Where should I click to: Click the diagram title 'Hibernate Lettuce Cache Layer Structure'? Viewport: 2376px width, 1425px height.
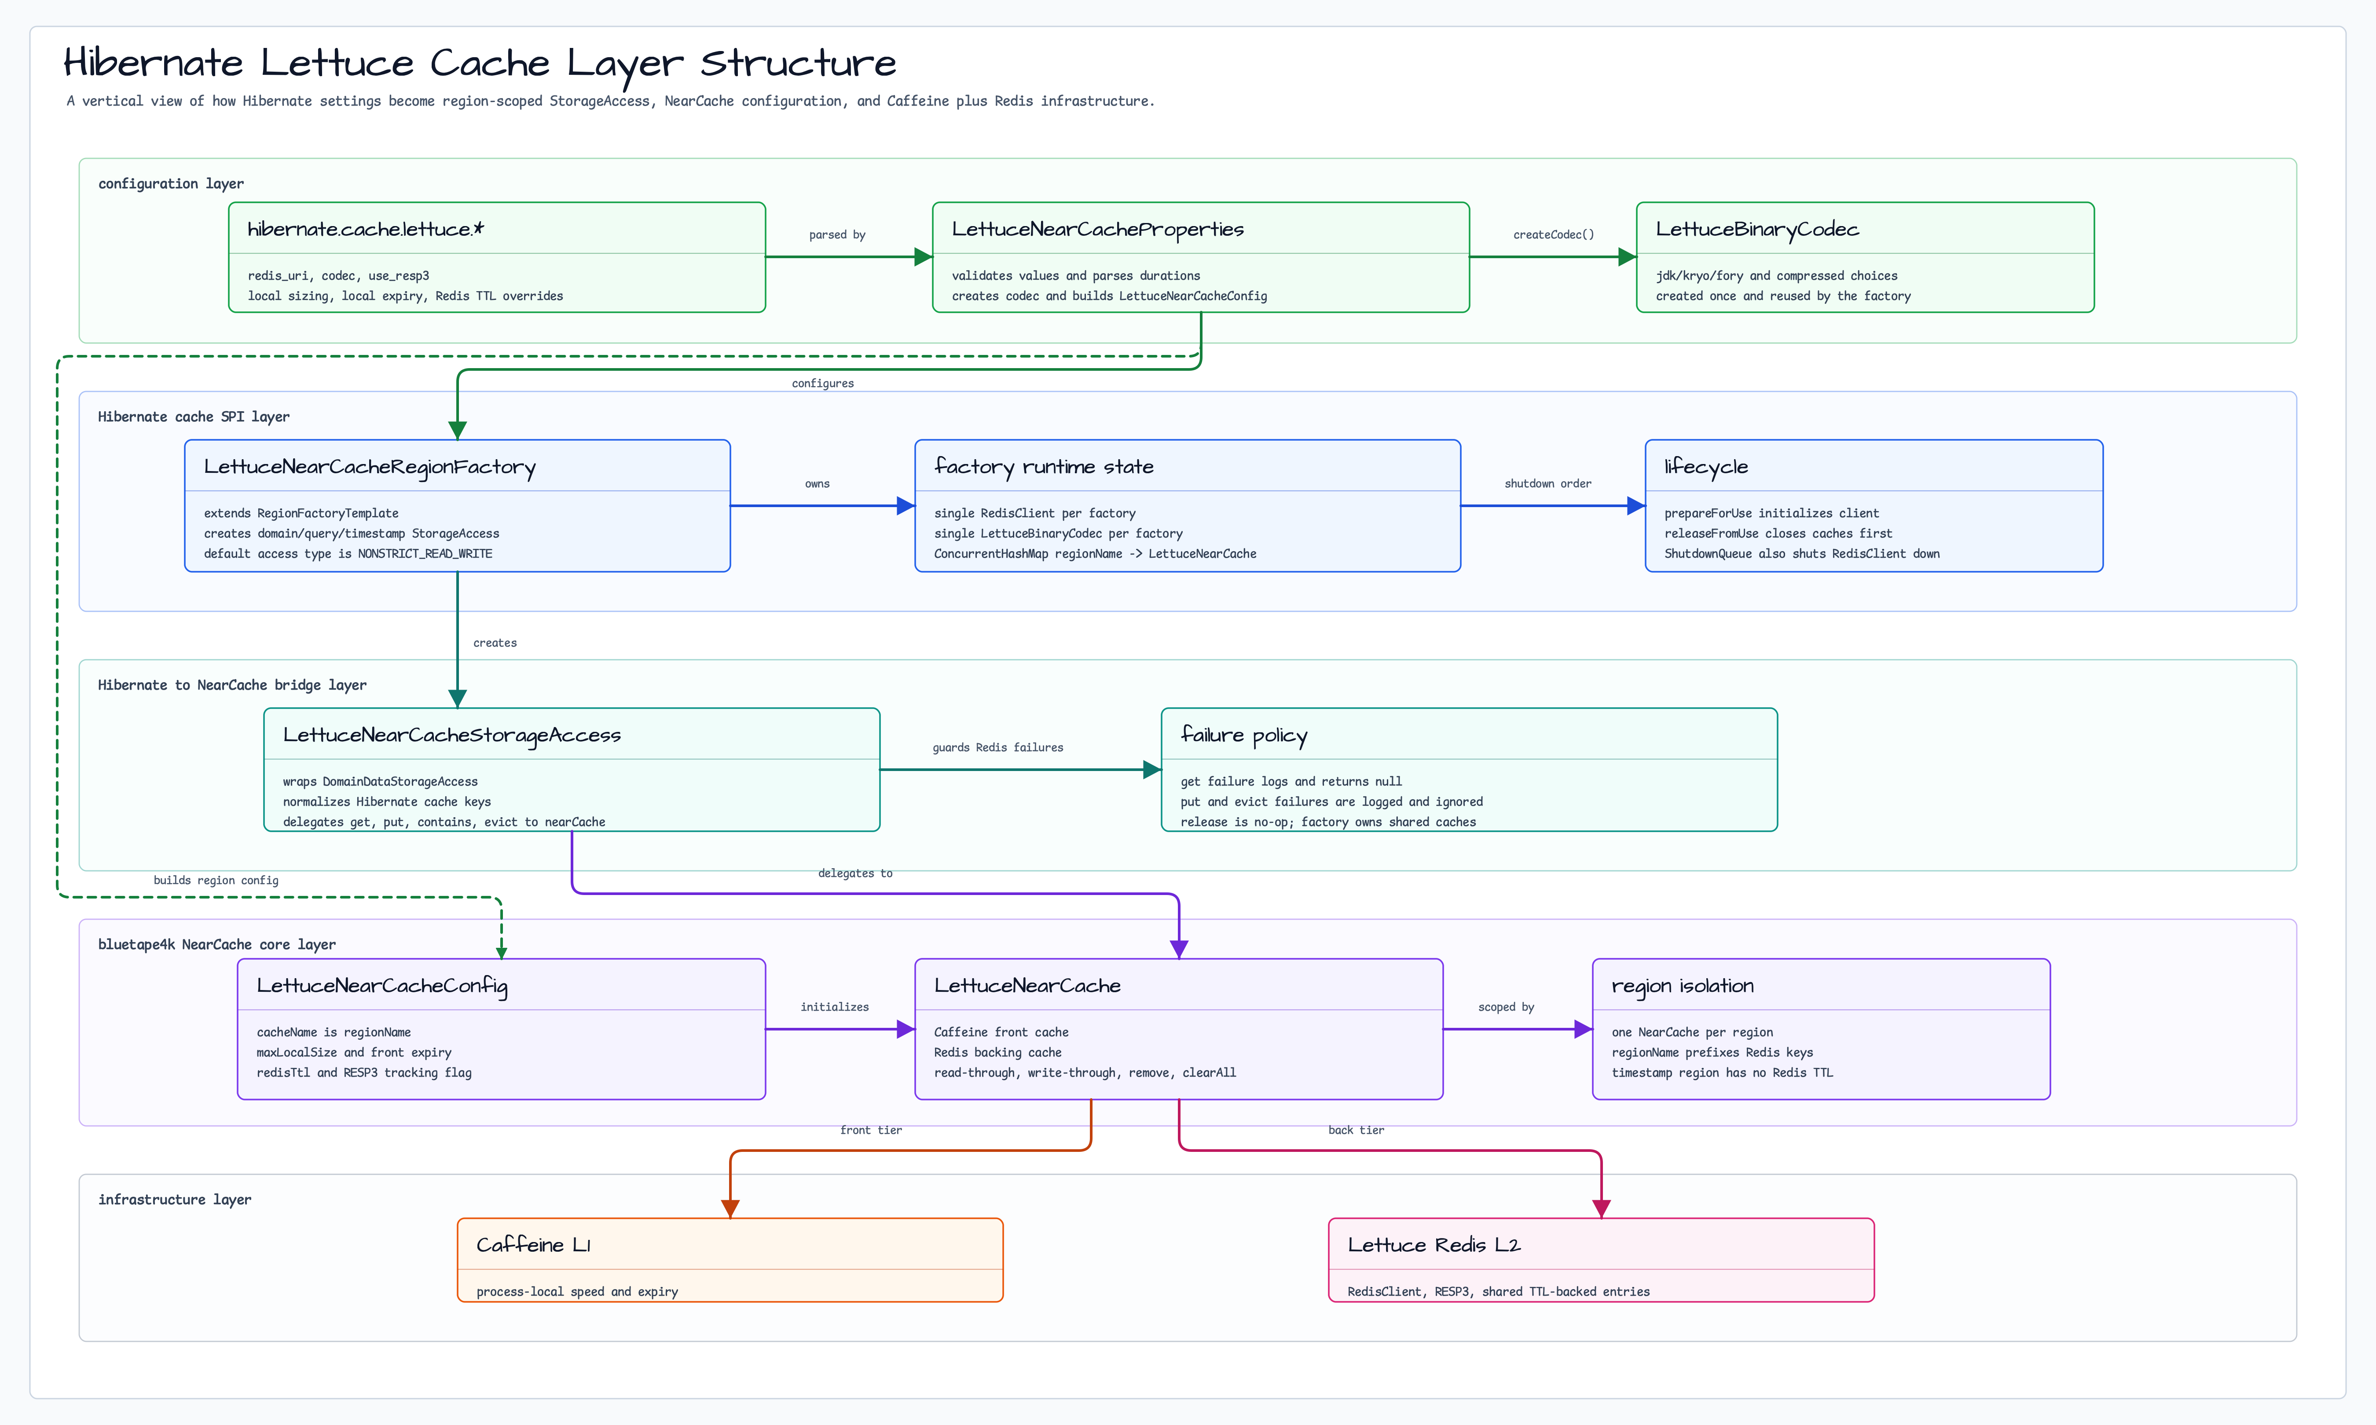click(479, 63)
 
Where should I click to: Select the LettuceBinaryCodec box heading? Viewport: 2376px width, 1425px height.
click(1756, 230)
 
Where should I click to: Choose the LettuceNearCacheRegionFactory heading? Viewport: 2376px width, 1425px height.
click(370, 468)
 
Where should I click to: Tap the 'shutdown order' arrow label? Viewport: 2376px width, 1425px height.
click(1547, 484)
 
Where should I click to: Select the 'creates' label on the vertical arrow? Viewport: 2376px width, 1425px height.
click(495, 643)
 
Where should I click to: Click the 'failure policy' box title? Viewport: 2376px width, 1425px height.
click(1244, 735)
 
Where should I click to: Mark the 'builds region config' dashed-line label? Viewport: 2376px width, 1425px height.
click(216, 881)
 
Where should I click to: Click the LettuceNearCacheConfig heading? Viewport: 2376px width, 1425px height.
click(382, 986)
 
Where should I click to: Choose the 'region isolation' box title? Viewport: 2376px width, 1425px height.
click(1683, 986)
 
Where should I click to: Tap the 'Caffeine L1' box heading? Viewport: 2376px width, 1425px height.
click(533, 1246)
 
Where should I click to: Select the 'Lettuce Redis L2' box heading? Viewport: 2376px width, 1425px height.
click(1434, 1246)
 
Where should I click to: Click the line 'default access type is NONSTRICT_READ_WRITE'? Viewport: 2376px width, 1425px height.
click(348, 554)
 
